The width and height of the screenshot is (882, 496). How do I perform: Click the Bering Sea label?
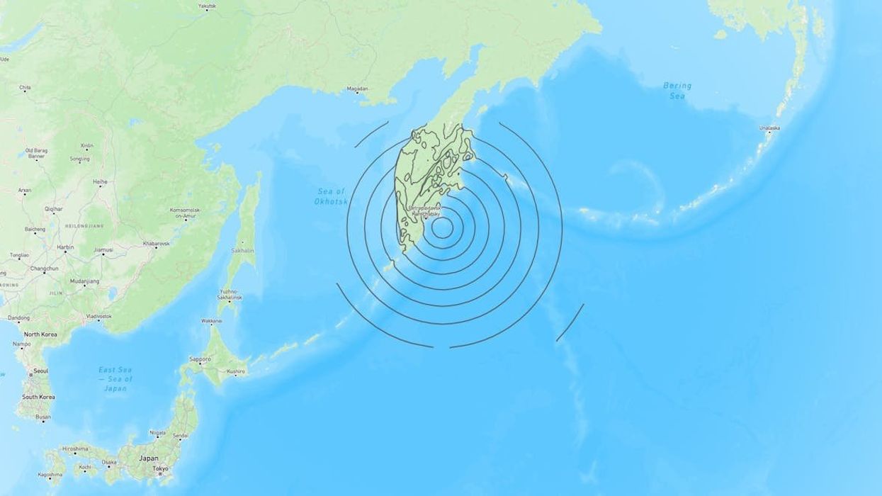[x=677, y=90]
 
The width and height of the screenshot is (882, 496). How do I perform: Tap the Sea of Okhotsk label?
[x=330, y=196]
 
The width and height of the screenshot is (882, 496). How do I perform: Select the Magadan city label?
[x=357, y=89]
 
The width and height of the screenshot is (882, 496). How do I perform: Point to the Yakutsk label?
[x=207, y=6]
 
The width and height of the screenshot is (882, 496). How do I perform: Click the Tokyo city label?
[x=160, y=468]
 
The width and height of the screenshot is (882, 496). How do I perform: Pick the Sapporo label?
[x=200, y=359]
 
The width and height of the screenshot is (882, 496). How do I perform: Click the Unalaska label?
[x=769, y=128]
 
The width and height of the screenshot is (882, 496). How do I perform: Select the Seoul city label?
[x=40, y=371]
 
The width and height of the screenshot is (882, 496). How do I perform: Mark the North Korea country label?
[x=40, y=334]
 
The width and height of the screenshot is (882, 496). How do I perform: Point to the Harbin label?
[x=64, y=247]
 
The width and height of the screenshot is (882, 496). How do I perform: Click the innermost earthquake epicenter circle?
[x=442, y=228]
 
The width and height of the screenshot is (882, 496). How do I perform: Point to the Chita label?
[x=25, y=88]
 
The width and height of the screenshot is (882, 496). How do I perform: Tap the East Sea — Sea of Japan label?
[x=115, y=379]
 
